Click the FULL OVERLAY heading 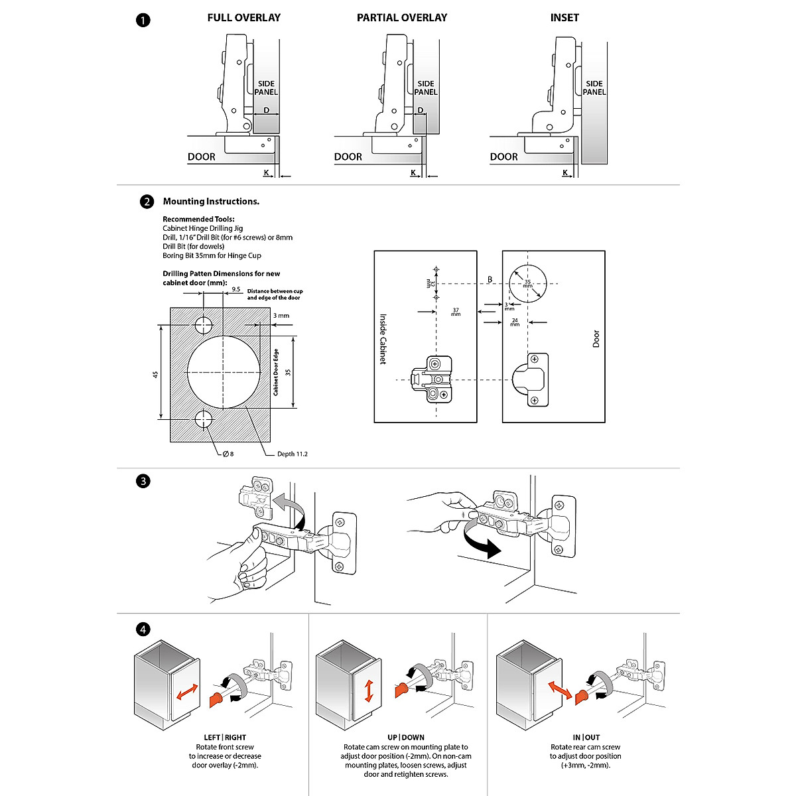[243, 18]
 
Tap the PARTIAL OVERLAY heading [402, 18]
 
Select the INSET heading [564, 18]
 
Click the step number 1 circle [143, 20]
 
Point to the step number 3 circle [143, 482]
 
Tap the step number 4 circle [143, 630]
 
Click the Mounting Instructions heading [211, 202]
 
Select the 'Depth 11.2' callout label [292, 454]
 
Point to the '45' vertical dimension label [155, 374]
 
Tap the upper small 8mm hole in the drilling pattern [204, 325]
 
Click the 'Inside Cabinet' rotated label [383, 339]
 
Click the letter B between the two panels [490, 279]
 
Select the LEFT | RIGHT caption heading [225, 737]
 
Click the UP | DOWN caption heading [406, 737]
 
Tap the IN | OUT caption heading [586, 737]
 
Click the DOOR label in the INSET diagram [504, 157]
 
